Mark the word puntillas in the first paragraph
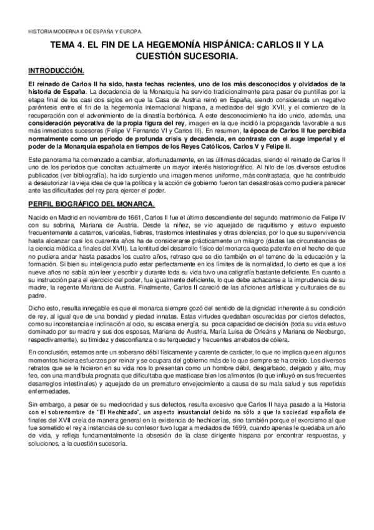pos(326,91)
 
